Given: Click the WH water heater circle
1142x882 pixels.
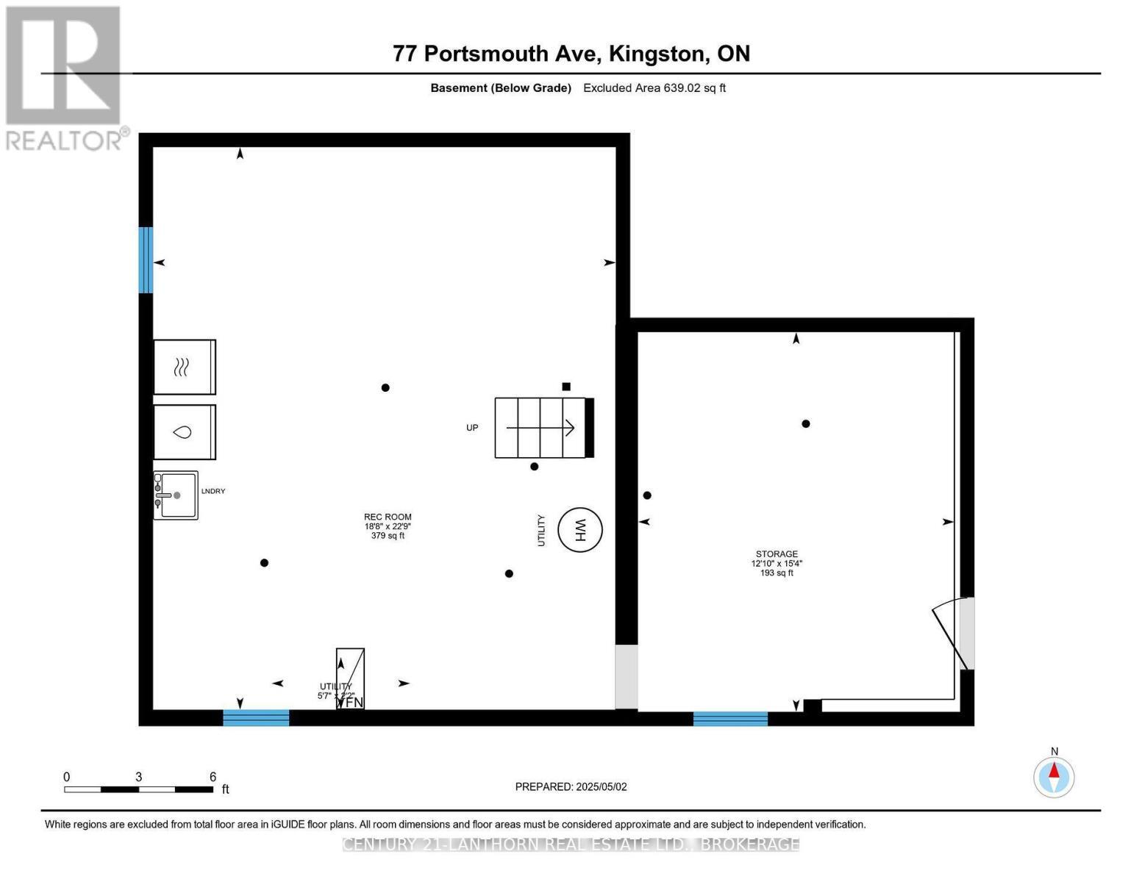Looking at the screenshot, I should click(x=579, y=529).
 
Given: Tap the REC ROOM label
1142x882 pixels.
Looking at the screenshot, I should click(x=388, y=517).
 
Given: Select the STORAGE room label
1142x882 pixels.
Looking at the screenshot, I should click(x=777, y=554).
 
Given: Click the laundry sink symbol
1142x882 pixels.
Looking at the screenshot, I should click(x=176, y=495).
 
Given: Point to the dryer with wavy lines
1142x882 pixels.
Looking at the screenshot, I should click(x=184, y=367).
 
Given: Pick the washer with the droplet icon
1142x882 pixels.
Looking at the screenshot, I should click(x=184, y=431).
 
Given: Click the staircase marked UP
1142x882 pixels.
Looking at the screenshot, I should click(x=543, y=428).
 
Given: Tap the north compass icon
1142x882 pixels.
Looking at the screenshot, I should click(x=1054, y=776).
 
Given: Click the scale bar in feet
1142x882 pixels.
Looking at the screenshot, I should click(x=138, y=789).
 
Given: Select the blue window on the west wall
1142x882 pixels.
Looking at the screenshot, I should click(x=146, y=259).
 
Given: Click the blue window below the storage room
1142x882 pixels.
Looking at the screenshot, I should click(x=730, y=718).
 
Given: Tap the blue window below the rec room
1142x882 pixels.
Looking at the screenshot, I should click(x=256, y=717).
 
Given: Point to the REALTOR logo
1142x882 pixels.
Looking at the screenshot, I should click(x=64, y=77).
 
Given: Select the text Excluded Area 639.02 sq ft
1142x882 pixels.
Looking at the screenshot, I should click(x=654, y=88).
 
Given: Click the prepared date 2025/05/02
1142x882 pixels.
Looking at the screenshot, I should click(x=601, y=786).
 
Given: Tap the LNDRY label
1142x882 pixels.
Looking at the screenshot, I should click(x=213, y=491).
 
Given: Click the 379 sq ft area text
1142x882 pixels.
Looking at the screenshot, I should click(x=388, y=536).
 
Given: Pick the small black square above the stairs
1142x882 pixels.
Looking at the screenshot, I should click(x=566, y=387).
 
